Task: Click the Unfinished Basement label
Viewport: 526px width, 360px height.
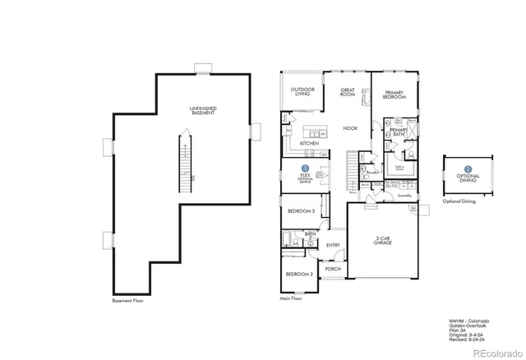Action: click(203, 110)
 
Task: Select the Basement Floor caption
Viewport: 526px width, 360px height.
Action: click(128, 301)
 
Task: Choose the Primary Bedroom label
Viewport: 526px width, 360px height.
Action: click(394, 95)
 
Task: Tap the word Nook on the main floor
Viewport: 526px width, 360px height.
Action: click(350, 128)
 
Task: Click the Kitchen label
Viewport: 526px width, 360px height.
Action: click(309, 144)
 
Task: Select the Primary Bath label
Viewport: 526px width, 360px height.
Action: click(399, 132)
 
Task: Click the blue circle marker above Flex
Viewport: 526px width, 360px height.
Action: click(304, 168)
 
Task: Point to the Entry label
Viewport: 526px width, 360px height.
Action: click(333, 245)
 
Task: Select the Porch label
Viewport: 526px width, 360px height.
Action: click(333, 269)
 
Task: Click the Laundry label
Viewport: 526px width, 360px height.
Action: click(404, 196)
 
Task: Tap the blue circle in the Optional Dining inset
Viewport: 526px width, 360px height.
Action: click(468, 168)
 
